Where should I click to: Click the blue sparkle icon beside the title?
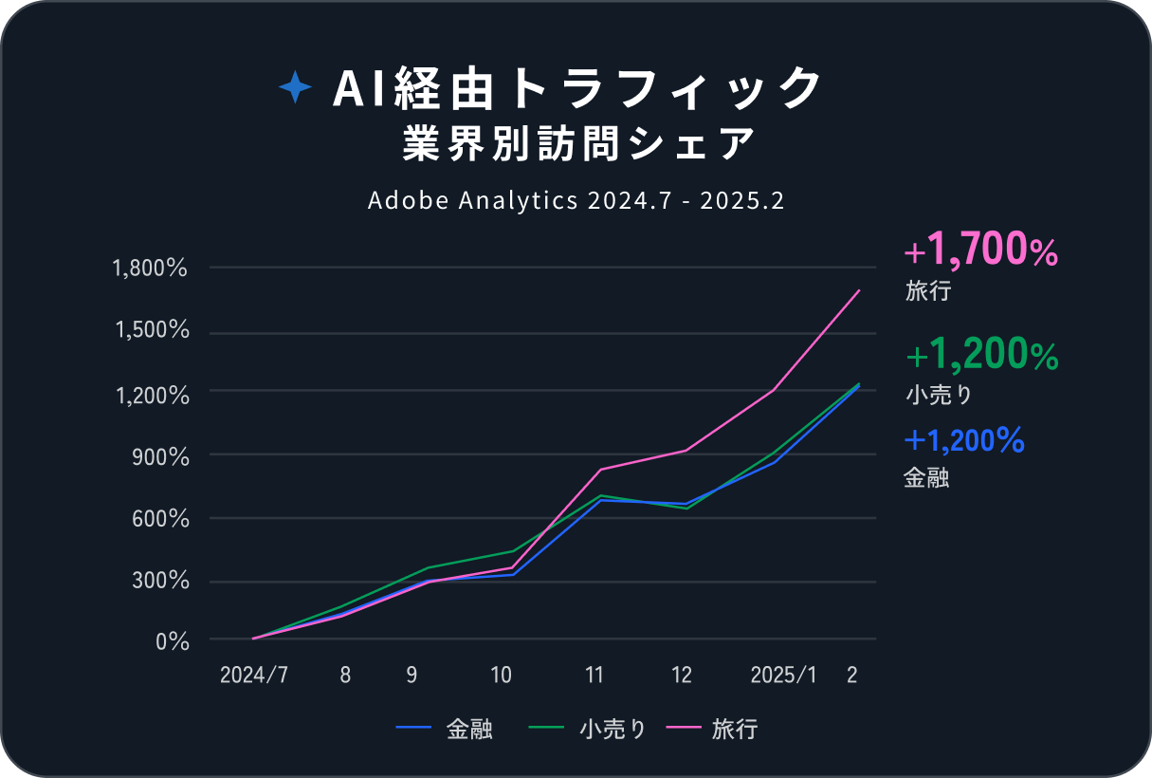pos(295,89)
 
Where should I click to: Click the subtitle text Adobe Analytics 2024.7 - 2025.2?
pos(576,201)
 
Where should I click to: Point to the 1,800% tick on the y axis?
pos(151,269)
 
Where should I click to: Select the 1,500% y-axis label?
pos(151,331)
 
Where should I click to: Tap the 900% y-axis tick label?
pos(161,456)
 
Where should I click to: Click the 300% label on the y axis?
pos(161,581)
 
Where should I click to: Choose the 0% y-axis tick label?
pos(174,641)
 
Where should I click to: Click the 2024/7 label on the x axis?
pos(253,675)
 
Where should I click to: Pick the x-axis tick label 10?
pos(501,675)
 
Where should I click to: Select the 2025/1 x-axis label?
pos(782,675)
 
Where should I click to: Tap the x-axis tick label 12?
pos(682,675)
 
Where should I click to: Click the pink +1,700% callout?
pos(980,252)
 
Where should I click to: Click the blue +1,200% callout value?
pos(963,440)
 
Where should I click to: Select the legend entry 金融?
pos(468,730)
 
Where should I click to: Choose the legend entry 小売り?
pos(612,730)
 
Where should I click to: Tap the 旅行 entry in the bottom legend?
pos(734,730)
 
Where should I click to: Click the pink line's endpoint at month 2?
pos(859,290)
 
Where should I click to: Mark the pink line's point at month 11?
pos(600,470)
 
